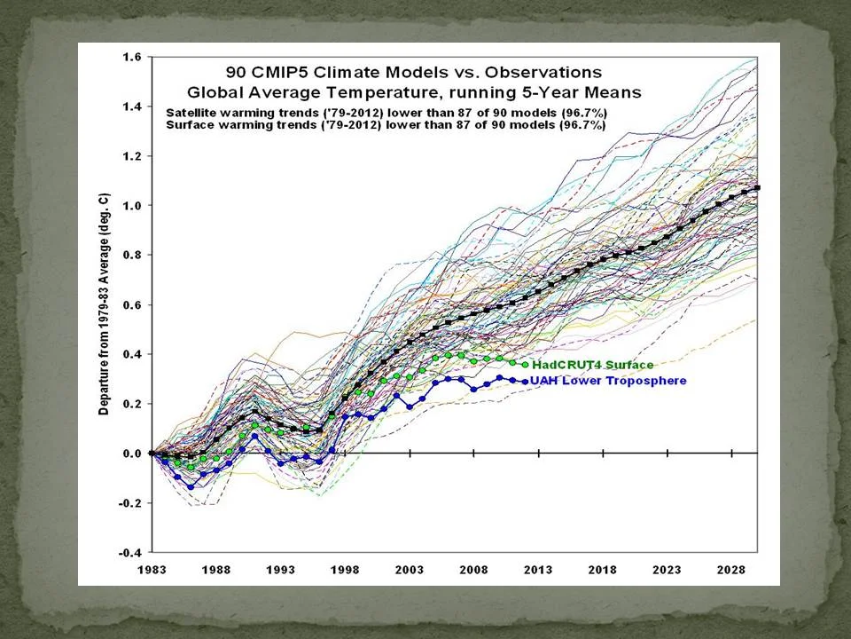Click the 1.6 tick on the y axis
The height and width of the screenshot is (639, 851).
(x=132, y=57)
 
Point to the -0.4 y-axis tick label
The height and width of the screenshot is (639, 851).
(x=130, y=552)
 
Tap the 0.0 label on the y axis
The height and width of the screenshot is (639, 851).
(x=132, y=454)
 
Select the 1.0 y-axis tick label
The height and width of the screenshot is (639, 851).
(x=132, y=206)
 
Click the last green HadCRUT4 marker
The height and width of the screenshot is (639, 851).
(x=525, y=365)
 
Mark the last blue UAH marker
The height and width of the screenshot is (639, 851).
(x=525, y=382)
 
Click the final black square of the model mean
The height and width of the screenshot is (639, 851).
(x=758, y=188)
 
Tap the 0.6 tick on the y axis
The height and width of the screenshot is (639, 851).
(x=132, y=304)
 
